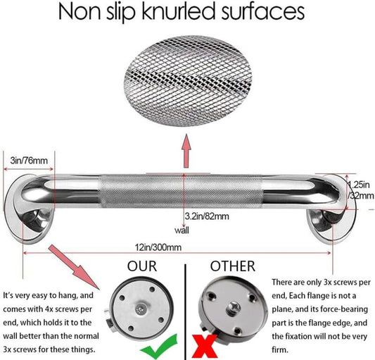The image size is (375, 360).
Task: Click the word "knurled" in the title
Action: (179, 12)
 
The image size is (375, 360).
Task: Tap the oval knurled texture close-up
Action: (188, 81)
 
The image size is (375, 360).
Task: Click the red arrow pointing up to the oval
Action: (186, 151)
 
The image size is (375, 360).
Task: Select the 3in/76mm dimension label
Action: (29, 161)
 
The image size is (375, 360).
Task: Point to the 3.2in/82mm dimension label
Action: (207, 216)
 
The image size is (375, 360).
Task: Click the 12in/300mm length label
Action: (158, 247)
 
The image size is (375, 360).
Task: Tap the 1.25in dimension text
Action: (359, 185)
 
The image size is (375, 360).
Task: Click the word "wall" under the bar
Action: (182, 230)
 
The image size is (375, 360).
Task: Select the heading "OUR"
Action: (142, 266)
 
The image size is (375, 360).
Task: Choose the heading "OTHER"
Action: (233, 266)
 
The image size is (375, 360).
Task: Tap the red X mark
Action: (205, 347)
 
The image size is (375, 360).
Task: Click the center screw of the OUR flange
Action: (140, 309)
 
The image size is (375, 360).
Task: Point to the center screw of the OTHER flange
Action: (232, 306)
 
